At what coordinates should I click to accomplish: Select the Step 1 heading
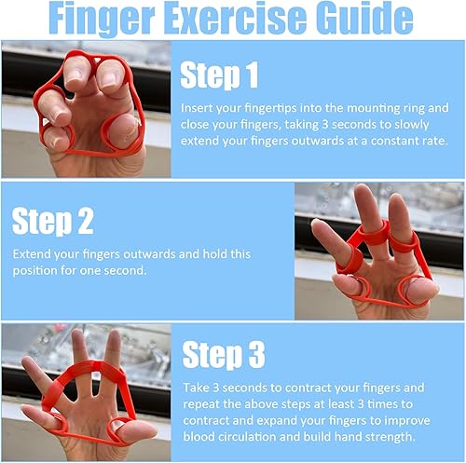point(219,75)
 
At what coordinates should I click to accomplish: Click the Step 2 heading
point(52,221)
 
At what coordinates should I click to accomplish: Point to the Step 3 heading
point(224,354)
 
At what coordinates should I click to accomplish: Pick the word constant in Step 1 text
point(394,141)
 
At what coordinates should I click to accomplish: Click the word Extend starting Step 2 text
point(31,254)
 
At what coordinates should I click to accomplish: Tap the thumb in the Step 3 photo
point(137,430)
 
